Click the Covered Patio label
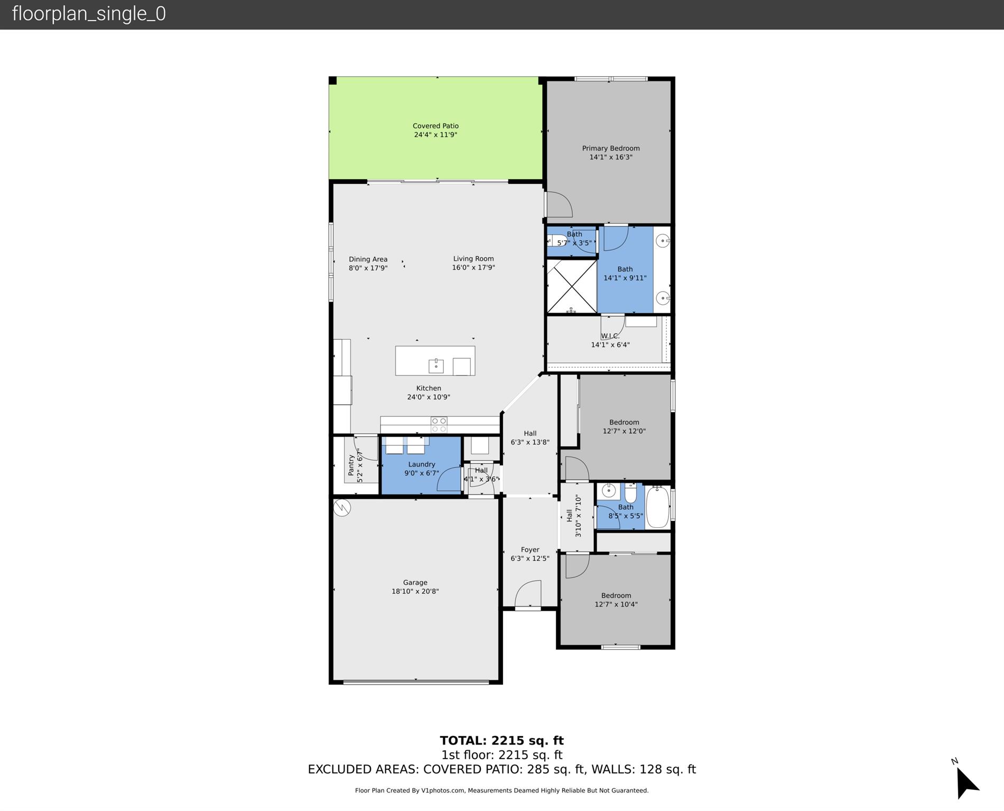435,126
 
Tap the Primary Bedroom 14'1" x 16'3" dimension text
611,157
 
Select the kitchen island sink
436,365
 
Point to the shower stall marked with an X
571,286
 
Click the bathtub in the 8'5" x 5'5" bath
657,507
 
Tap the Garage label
415,582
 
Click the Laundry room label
421,464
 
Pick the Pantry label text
351,465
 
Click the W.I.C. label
610,336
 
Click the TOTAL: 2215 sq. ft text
501,741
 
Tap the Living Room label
473,258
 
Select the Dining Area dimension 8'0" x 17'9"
368,268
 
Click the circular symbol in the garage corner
342,508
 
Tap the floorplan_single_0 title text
89,14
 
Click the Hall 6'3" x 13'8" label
530,437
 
